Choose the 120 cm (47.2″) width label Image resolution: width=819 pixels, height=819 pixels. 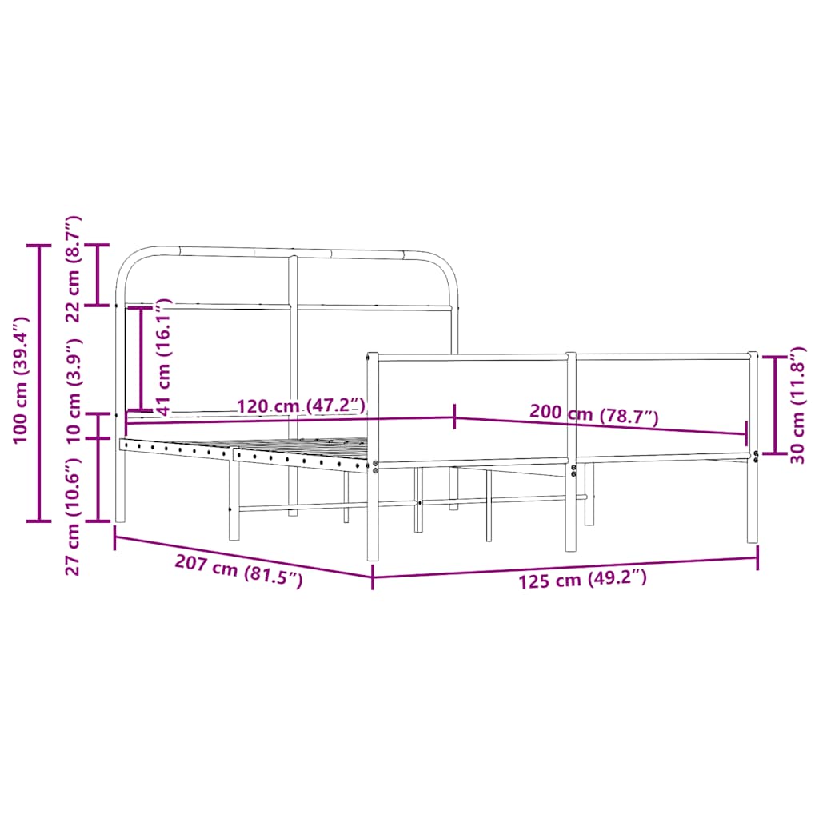pyautogui.click(x=301, y=406)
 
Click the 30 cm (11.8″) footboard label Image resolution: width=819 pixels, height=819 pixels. pyautogui.click(x=797, y=406)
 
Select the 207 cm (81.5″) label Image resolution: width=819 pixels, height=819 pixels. pyautogui.click(x=238, y=571)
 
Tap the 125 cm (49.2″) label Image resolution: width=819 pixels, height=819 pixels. pyautogui.click(x=582, y=579)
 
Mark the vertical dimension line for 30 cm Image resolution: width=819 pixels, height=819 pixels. pyautogui.click(x=774, y=405)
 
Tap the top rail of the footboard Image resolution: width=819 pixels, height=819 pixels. pyautogui.click(x=560, y=356)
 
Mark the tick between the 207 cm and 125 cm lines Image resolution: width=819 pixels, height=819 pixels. pyautogui.click(x=373, y=577)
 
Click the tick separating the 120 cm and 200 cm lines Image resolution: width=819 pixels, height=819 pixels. pyautogui.click(x=454, y=417)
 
